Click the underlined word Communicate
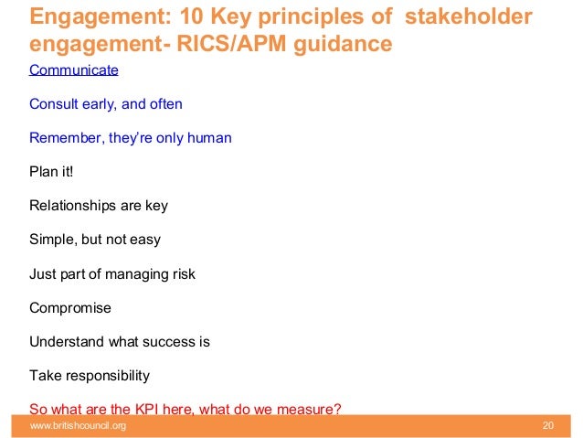coord(74,69)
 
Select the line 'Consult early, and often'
coord(106,104)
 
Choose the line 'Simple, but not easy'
coord(95,240)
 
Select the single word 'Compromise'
coord(70,308)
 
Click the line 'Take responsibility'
coord(90,376)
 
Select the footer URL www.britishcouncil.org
coord(78,427)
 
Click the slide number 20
coord(548,427)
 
